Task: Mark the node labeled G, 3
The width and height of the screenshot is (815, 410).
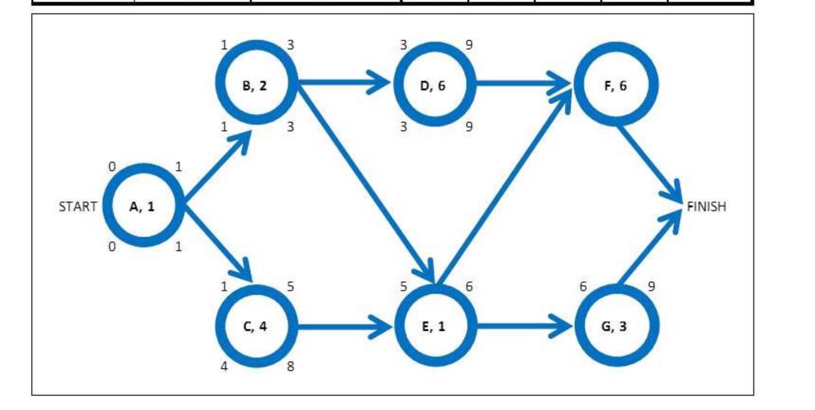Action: click(616, 326)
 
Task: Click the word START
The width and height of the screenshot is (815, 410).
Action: click(77, 206)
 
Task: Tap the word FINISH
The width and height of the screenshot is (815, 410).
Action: click(706, 206)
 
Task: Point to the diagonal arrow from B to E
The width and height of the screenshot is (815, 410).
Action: click(366, 181)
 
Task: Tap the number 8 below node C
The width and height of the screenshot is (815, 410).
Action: click(290, 366)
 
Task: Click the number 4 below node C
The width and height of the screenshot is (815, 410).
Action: click(224, 366)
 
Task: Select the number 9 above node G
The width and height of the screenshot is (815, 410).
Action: click(651, 286)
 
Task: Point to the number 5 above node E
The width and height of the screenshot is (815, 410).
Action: click(403, 286)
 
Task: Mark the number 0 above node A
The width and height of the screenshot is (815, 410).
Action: click(112, 166)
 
